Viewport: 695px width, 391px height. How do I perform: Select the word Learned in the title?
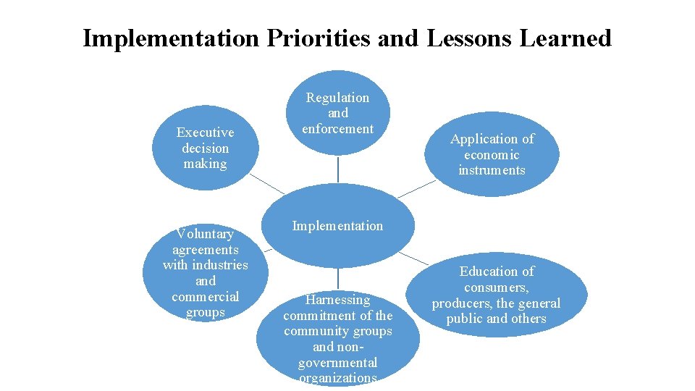click(x=565, y=38)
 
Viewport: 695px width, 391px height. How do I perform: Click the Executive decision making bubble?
click(x=205, y=148)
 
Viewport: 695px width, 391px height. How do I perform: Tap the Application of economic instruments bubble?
click(x=492, y=154)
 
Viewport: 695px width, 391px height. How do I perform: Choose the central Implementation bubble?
click(x=337, y=227)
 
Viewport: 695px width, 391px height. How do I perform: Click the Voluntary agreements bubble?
click(x=206, y=273)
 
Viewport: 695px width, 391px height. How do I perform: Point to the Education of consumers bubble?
click(x=497, y=295)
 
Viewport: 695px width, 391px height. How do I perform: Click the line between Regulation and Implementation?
click(x=338, y=170)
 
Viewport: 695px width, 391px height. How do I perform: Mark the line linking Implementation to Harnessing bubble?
click(x=338, y=279)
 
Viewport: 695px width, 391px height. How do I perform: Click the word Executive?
click(x=206, y=133)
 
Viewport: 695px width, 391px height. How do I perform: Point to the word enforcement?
click(x=337, y=129)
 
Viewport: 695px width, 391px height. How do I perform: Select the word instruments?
click(x=492, y=170)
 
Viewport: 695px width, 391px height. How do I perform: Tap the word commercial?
click(x=205, y=297)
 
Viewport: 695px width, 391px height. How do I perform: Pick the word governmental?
click(x=337, y=362)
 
